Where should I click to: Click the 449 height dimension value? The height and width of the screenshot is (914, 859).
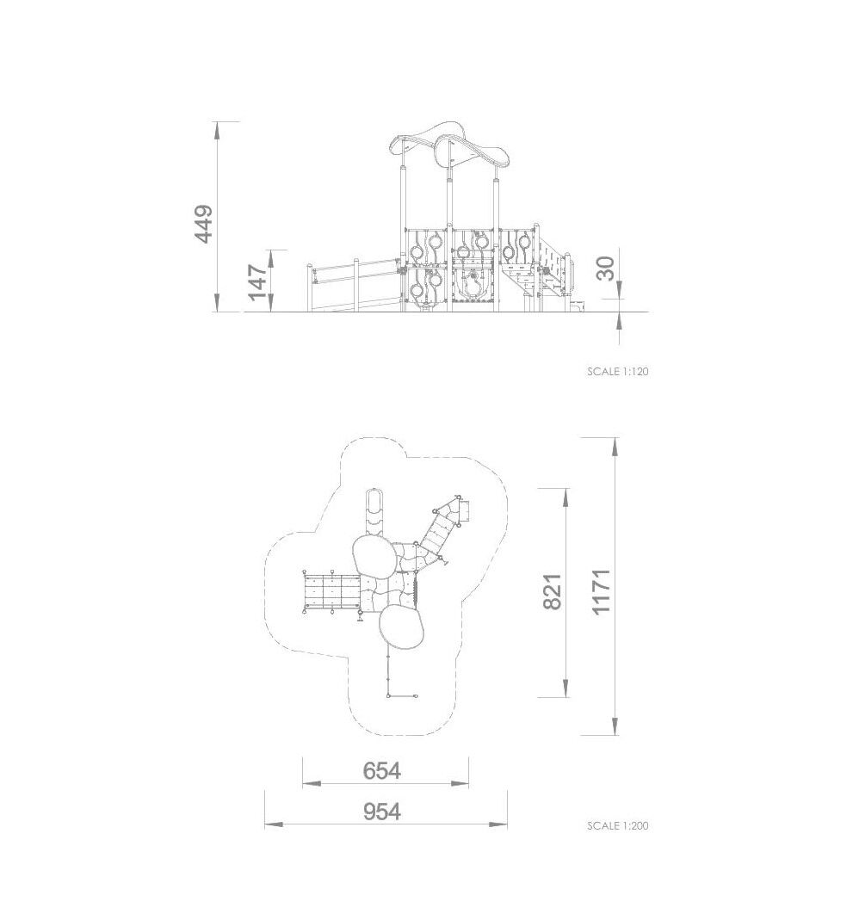coord(204,224)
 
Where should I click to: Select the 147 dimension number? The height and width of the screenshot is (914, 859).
coord(257,282)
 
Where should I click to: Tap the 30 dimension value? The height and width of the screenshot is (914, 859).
coord(606,269)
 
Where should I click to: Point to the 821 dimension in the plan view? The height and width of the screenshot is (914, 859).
coord(553,591)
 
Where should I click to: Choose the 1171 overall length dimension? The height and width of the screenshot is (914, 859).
coord(601,591)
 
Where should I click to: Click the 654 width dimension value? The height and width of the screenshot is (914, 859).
coord(381,770)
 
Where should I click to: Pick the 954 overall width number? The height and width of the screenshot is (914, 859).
coord(381,811)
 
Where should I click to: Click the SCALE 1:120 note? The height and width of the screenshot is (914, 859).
coord(618,371)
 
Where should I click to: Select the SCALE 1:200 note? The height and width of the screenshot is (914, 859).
coord(618,825)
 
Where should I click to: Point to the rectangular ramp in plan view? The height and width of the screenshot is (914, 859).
coord(331,591)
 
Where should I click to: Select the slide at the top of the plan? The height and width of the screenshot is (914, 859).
coord(374,513)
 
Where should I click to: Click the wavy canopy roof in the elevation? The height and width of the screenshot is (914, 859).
coord(450,144)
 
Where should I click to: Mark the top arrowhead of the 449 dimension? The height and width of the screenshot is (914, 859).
coord(218,129)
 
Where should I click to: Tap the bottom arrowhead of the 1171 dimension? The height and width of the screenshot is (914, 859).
coord(615,726)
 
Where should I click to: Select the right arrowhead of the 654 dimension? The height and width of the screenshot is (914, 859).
coord(460,784)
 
